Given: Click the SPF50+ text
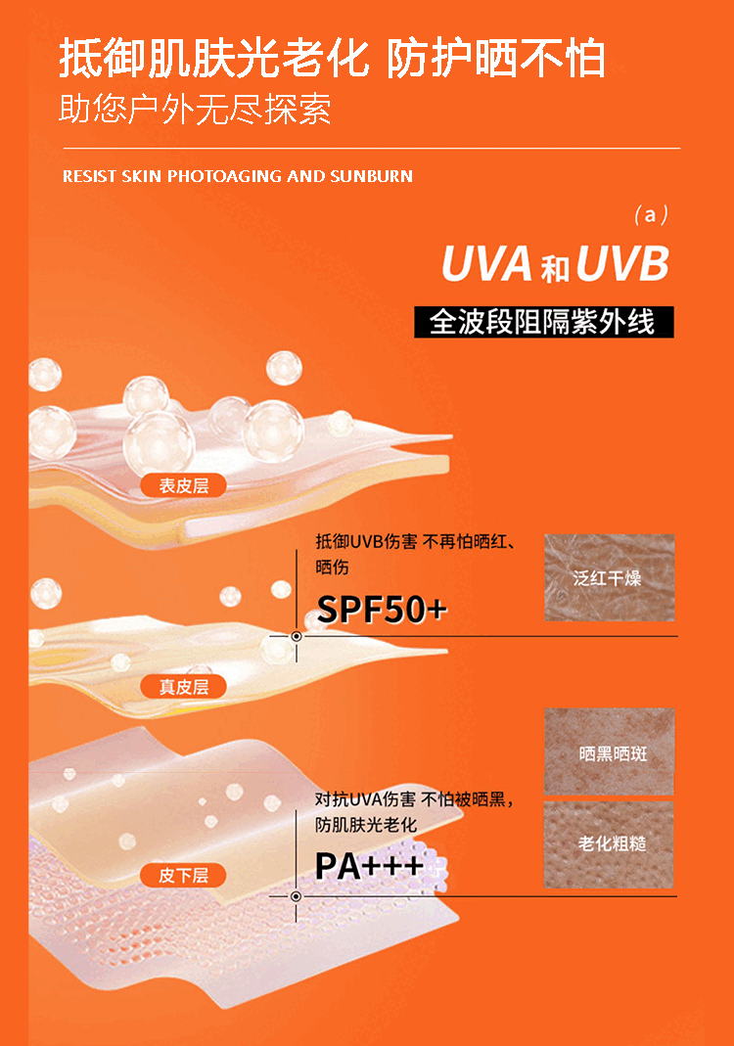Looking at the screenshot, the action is coord(382,610).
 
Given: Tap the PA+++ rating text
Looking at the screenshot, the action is coord(369,865).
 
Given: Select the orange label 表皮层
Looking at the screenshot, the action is coord(184,484).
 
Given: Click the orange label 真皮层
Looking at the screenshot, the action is coord(184,686).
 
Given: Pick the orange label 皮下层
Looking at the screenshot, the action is coord(184,875).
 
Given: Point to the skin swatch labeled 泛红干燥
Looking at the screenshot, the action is coord(609,577).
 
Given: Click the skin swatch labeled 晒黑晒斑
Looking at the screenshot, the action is coord(609,752).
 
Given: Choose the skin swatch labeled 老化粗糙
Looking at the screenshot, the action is coord(609,843).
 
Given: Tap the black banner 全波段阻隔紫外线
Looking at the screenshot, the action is coord(543,321).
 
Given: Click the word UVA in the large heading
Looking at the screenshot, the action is coord(486,264).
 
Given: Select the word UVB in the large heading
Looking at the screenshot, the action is coord(622,264).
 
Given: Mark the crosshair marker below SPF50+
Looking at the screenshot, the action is coord(296,636).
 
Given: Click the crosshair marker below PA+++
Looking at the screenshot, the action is coord(296,895).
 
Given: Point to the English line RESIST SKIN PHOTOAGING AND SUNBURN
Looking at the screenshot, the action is coord(238,177).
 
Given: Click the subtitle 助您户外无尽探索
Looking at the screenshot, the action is coord(195,109).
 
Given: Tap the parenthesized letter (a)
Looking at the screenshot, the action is coord(651,214).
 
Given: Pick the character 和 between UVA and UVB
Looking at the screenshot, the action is coord(555,267).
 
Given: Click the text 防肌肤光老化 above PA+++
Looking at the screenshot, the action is coord(366,824).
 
